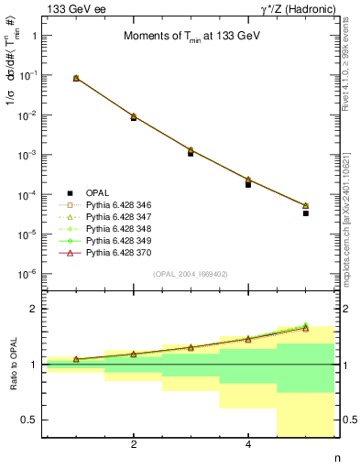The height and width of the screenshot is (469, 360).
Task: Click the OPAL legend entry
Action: tap(84, 193)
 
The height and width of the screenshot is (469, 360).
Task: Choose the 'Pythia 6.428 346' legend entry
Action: tap(110, 207)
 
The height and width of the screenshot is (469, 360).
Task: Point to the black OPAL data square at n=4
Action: tap(248, 185)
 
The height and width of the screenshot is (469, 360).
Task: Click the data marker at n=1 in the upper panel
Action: tap(76, 79)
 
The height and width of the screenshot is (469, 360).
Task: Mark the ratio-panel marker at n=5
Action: tap(306, 327)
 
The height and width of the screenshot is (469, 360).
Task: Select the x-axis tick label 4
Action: tap(248, 444)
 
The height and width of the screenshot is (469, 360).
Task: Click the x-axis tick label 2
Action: tap(134, 444)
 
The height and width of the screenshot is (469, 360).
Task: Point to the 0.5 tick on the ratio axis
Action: tap(28, 420)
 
